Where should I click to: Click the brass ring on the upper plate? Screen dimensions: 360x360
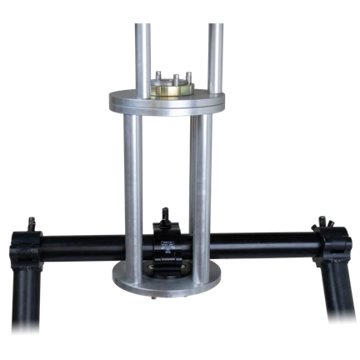coord(172,87)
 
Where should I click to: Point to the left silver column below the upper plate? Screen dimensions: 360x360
coord(132,192)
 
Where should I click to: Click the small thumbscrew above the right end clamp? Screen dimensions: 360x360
coord(320,222)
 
